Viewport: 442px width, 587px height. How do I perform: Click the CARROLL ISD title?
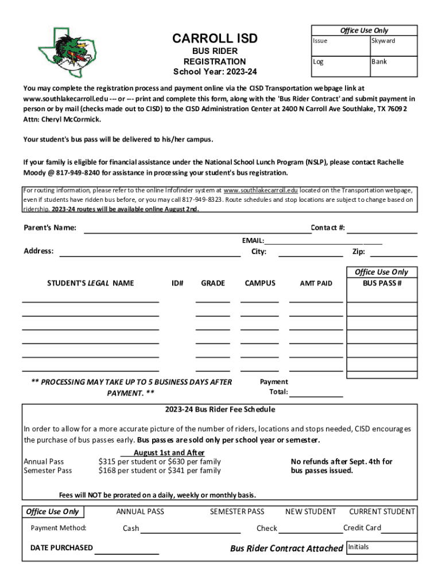click(215, 39)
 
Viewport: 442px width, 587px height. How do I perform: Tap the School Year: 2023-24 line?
click(215, 72)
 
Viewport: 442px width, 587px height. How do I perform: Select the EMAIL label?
click(253, 241)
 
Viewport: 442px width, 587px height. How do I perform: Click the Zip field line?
click(397, 255)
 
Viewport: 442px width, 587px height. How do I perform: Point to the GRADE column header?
click(213, 283)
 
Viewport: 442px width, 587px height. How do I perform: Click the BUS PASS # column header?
click(382, 283)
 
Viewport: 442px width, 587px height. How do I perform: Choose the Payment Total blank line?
click(316, 395)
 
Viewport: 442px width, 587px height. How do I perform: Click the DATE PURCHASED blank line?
click(127, 553)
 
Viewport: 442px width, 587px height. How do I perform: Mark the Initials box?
click(382, 547)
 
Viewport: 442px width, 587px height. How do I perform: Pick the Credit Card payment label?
click(362, 527)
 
